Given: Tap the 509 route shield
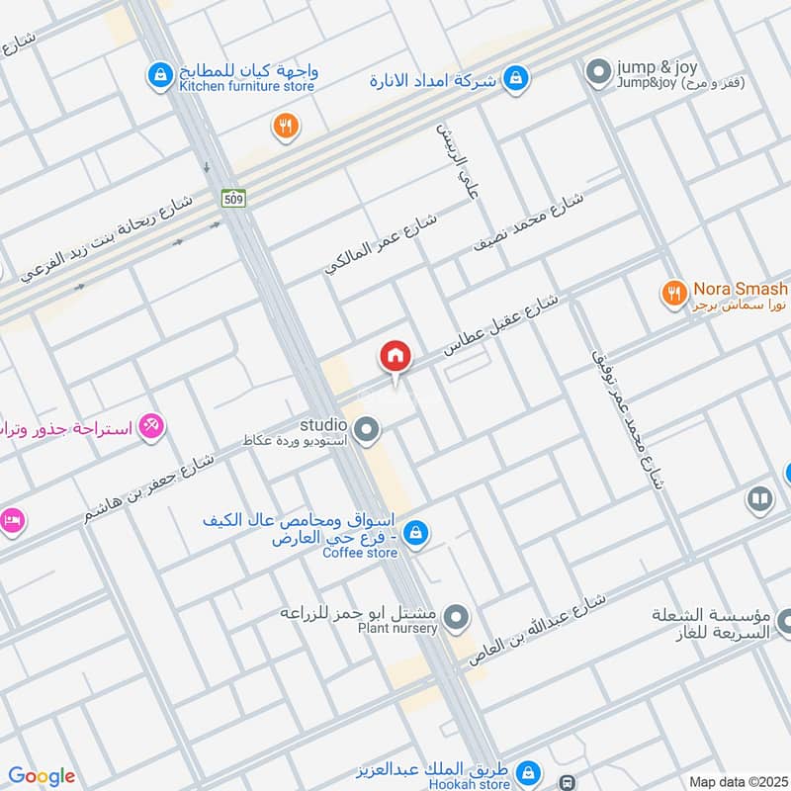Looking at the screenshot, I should [233, 198].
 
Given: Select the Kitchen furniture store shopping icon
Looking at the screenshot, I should [157, 73].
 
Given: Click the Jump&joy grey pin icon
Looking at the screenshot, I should [596, 72].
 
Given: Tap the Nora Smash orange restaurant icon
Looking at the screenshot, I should [674, 292].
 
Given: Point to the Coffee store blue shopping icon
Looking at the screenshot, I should [416, 533].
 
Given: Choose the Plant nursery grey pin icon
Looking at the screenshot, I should [456, 620].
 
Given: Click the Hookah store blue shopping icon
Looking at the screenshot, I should [529, 771].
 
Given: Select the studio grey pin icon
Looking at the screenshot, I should [368, 429].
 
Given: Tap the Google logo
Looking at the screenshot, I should [42, 776].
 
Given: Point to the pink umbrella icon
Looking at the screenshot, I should [151, 426].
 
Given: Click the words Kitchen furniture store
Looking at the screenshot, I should [246, 87].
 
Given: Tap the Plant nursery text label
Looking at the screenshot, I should [397, 629].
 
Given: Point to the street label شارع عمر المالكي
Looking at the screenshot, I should [382, 241].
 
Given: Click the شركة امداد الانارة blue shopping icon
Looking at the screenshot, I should [515, 78].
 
